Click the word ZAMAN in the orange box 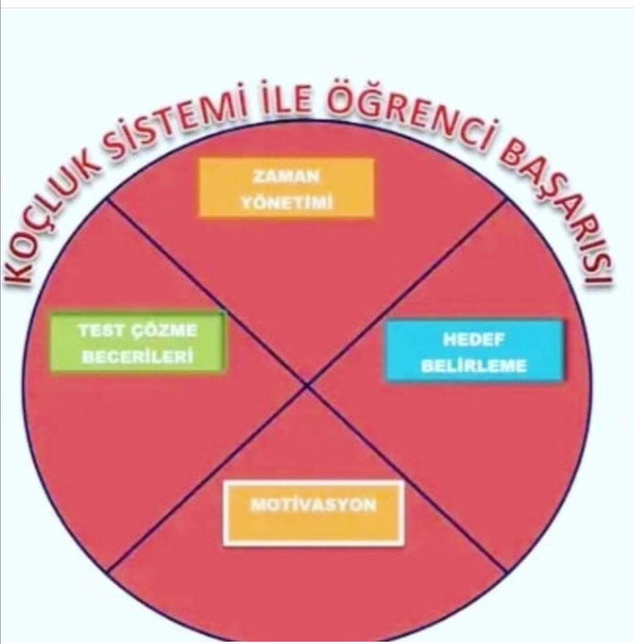(286, 177)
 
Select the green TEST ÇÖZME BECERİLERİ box (138, 342)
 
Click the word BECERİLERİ (138, 357)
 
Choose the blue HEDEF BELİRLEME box (474, 350)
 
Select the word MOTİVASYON (313, 505)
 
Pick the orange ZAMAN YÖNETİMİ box (286, 188)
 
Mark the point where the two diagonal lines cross (306, 385)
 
